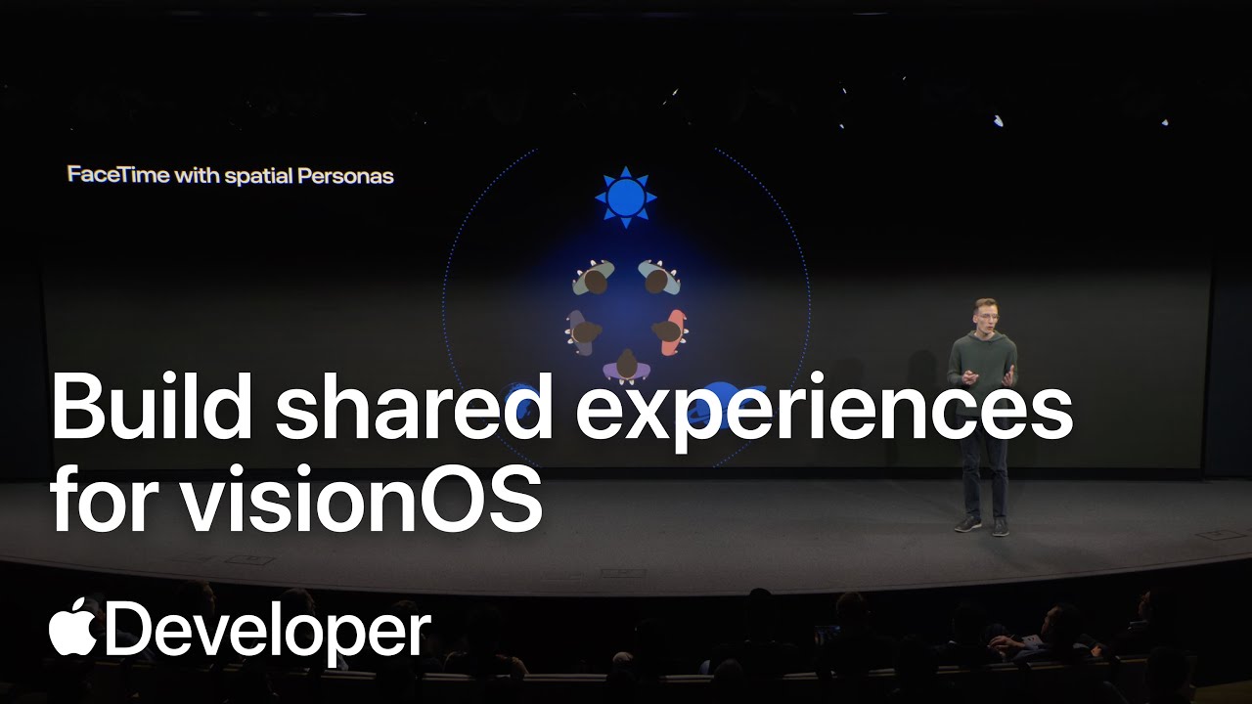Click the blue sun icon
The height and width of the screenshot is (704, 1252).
tap(626, 198)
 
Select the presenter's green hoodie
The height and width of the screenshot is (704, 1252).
tap(982, 367)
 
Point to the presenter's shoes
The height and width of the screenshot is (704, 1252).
tap(981, 525)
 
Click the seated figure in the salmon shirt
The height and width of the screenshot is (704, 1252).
tap(670, 331)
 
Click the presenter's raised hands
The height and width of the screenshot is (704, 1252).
tap(988, 374)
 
